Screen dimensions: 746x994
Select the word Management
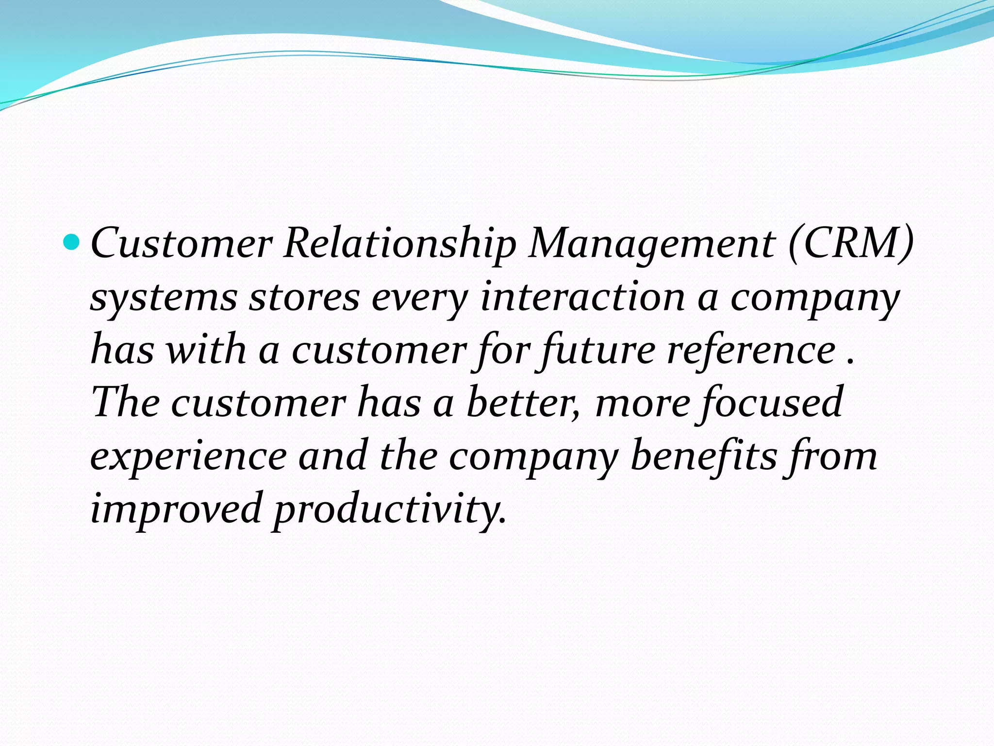[x=652, y=243]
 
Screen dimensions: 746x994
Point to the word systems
[x=164, y=297]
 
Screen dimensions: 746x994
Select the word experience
[x=189, y=457]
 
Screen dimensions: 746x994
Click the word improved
[x=176, y=509]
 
